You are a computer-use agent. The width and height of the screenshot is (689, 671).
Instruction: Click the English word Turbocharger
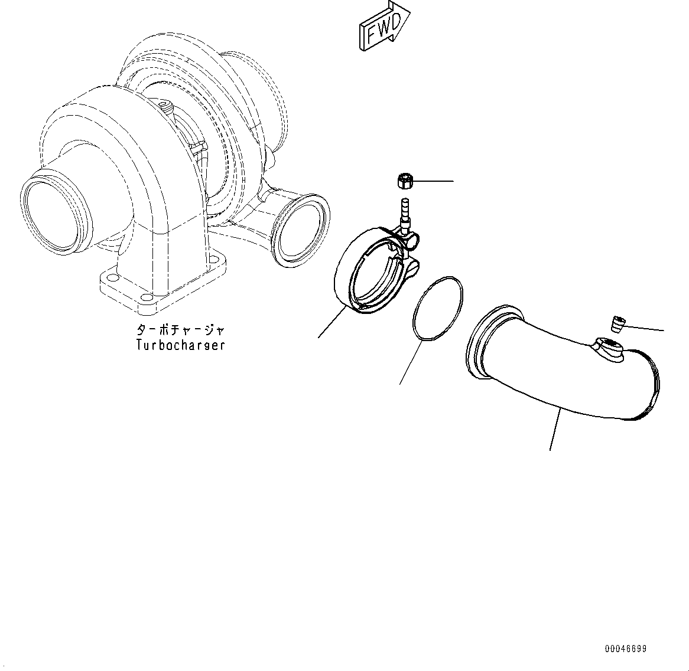coord(180,345)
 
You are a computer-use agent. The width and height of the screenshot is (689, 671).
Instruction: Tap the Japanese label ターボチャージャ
coord(180,330)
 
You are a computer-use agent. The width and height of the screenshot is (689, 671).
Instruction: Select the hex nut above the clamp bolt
coord(404,181)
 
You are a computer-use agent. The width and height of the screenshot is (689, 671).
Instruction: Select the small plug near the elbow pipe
coord(617,323)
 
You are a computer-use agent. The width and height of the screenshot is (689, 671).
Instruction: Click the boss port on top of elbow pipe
coord(609,348)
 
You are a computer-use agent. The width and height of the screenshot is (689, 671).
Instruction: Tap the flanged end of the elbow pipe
coord(485,342)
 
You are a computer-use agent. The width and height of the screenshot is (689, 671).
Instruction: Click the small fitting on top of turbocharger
coord(165,108)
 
